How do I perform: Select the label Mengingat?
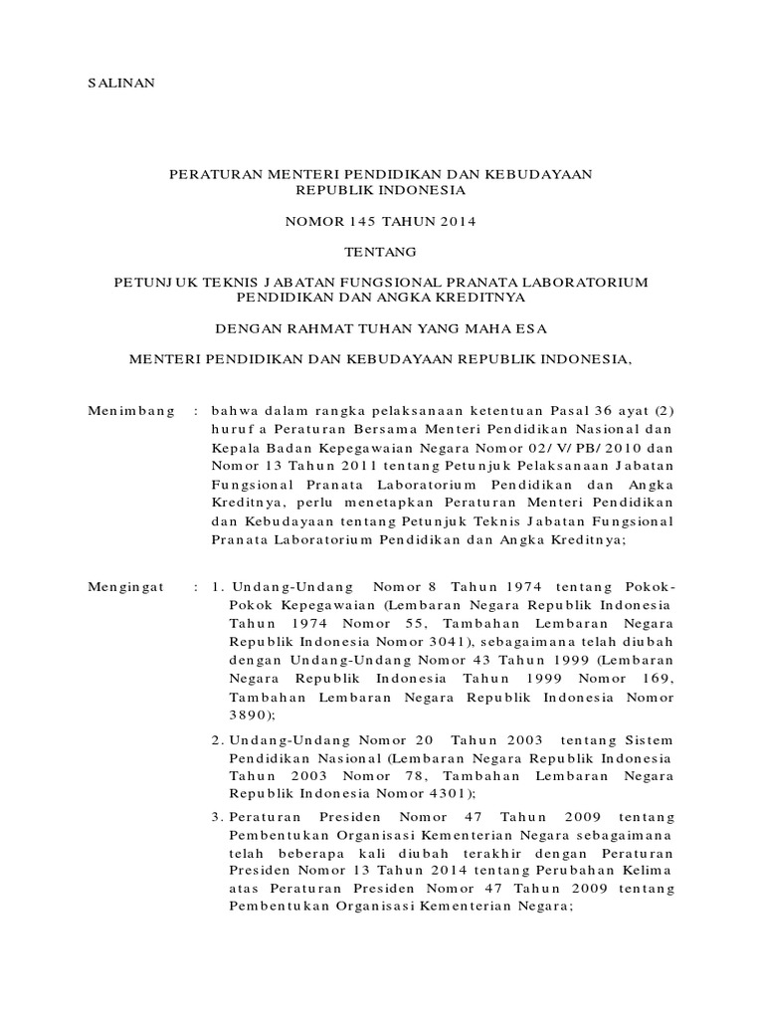127,589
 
